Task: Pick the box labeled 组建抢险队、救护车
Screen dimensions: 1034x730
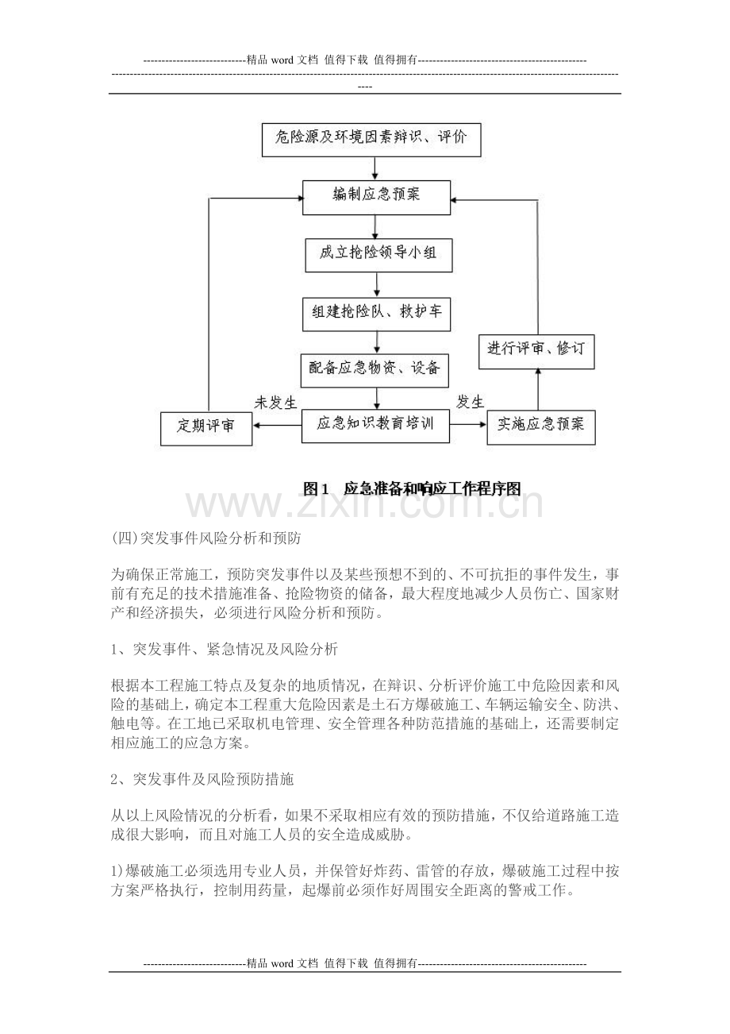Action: coord(376,313)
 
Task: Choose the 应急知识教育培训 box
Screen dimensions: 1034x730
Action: coord(376,425)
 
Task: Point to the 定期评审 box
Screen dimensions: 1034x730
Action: coord(206,426)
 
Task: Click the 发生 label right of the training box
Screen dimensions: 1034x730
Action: coord(471,402)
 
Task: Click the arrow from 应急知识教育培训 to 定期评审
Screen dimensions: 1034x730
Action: coord(278,426)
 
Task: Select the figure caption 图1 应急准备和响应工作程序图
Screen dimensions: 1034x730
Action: coord(413,488)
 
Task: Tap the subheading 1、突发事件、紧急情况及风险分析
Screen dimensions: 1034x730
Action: coord(225,650)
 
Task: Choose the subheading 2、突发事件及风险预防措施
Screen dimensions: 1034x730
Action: coord(202,780)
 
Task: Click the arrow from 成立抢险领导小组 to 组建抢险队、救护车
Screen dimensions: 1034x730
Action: coord(377,284)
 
